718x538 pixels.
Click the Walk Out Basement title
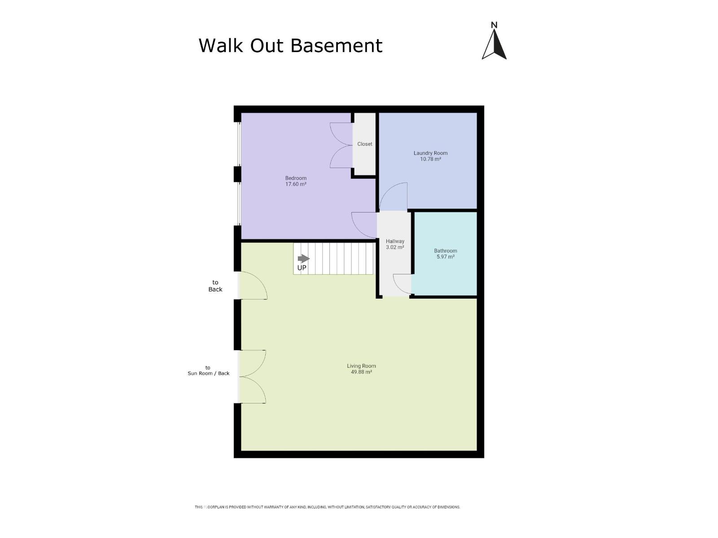tap(290, 45)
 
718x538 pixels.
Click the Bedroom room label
tap(296, 178)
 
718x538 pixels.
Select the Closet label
tap(364, 144)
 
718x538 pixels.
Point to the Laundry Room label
tap(430, 153)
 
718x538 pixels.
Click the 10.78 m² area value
tap(430, 159)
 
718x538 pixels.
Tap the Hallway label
tap(395, 241)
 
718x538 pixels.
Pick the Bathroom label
tap(446, 251)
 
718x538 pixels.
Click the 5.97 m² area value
tap(446, 257)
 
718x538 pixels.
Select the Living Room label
tap(361, 366)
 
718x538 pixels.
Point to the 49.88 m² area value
tap(361, 372)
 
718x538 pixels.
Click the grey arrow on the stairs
tap(303, 259)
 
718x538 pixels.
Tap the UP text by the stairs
tap(302, 268)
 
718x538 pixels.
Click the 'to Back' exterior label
tap(215, 286)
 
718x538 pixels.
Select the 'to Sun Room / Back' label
tap(208, 370)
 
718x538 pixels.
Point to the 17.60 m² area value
tap(296, 184)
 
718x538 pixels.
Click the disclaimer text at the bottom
tap(328, 507)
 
